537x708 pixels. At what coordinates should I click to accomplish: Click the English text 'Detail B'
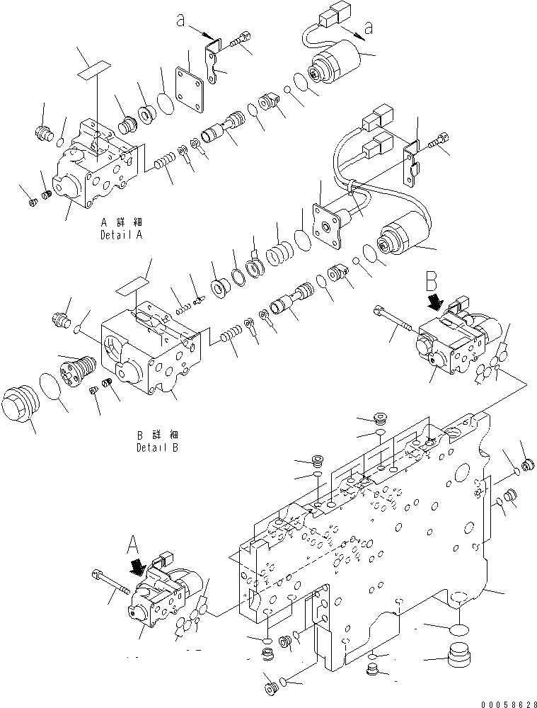coord(158,448)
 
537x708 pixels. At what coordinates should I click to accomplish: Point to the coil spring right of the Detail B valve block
coord(230,331)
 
